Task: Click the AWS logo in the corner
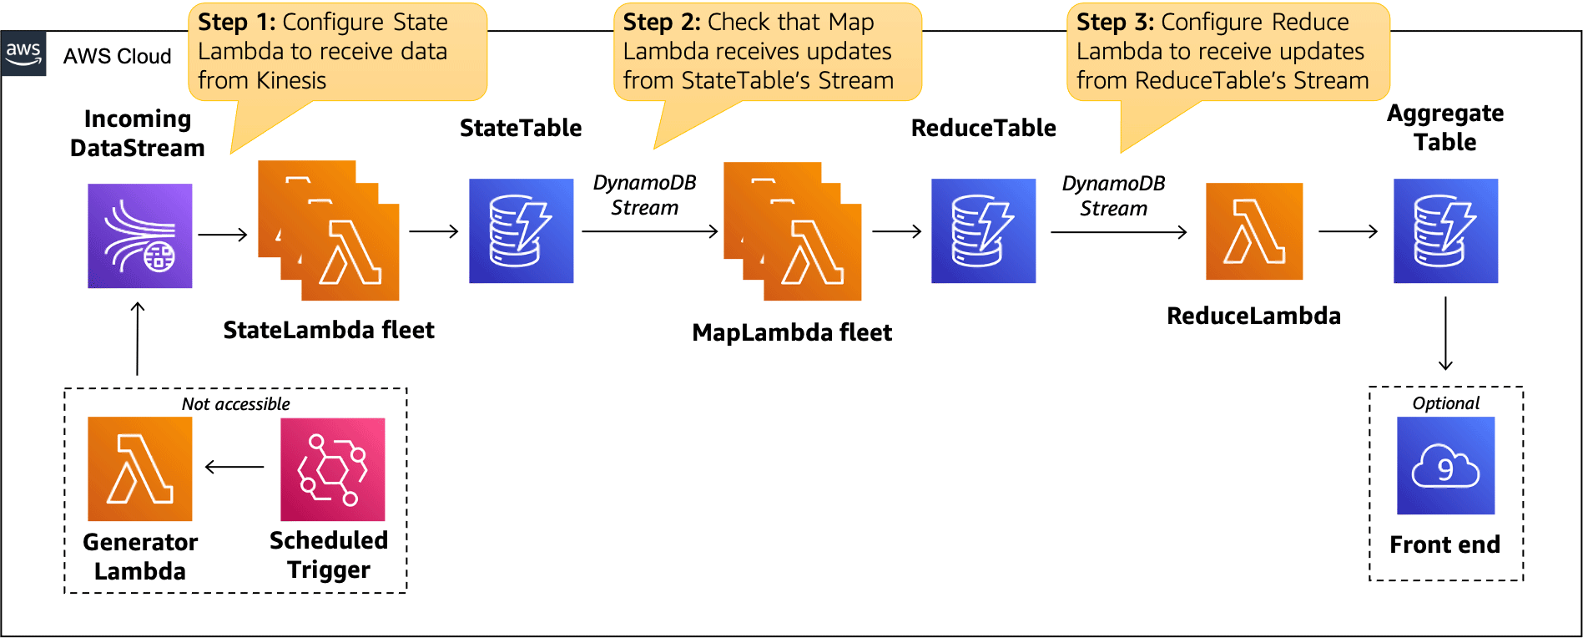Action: point(23,53)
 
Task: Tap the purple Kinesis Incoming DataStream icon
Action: point(140,236)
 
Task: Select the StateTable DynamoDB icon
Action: point(521,230)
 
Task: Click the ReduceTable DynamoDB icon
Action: point(983,230)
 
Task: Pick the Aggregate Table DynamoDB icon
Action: point(1445,230)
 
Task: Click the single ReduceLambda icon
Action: point(1254,231)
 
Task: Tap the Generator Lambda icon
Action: point(140,469)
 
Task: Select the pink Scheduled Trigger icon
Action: point(332,469)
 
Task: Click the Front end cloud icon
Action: point(1445,466)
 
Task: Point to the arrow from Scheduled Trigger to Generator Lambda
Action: point(234,467)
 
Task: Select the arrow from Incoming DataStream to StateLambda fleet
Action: point(223,235)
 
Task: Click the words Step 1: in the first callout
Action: point(236,22)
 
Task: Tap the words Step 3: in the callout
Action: point(1115,22)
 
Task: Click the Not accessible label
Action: point(235,404)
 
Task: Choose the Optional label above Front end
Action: point(1445,403)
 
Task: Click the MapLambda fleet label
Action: point(792,332)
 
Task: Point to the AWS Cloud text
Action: point(118,56)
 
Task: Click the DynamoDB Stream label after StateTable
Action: point(644,195)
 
